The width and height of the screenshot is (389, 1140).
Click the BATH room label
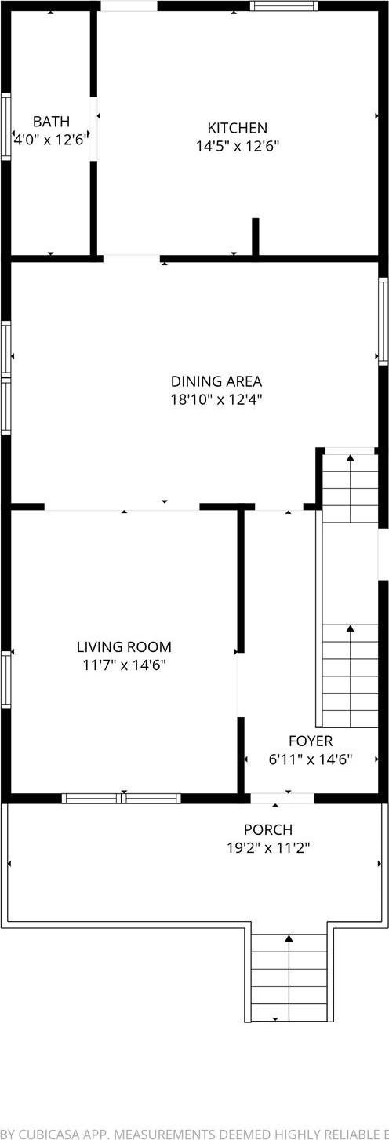(51, 122)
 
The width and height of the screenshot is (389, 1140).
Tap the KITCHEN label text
(237, 128)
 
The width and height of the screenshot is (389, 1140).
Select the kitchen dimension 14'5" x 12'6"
(237, 146)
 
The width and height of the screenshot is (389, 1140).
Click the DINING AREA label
(216, 381)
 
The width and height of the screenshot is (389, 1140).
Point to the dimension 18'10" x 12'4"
(216, 399)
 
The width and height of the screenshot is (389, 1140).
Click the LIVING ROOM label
(124, 647)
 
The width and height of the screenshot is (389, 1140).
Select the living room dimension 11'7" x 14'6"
(124, 665)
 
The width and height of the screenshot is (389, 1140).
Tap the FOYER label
(311, 741)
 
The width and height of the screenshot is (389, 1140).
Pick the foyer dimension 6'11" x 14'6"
(311, 759)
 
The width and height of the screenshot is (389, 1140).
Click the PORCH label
(268, 829)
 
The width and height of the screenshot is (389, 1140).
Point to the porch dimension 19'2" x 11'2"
(268, 847)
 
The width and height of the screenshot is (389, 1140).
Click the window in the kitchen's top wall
(284, 5)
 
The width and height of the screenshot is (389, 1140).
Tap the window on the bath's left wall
(5, 127)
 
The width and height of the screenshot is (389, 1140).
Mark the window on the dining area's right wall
(384, 321)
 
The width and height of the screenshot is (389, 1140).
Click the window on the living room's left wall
(5, 679)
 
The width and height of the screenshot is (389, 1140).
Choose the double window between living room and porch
(122, 799)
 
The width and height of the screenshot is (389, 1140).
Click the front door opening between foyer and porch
(282, 799)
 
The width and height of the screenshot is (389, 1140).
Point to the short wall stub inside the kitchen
(256, 236)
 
